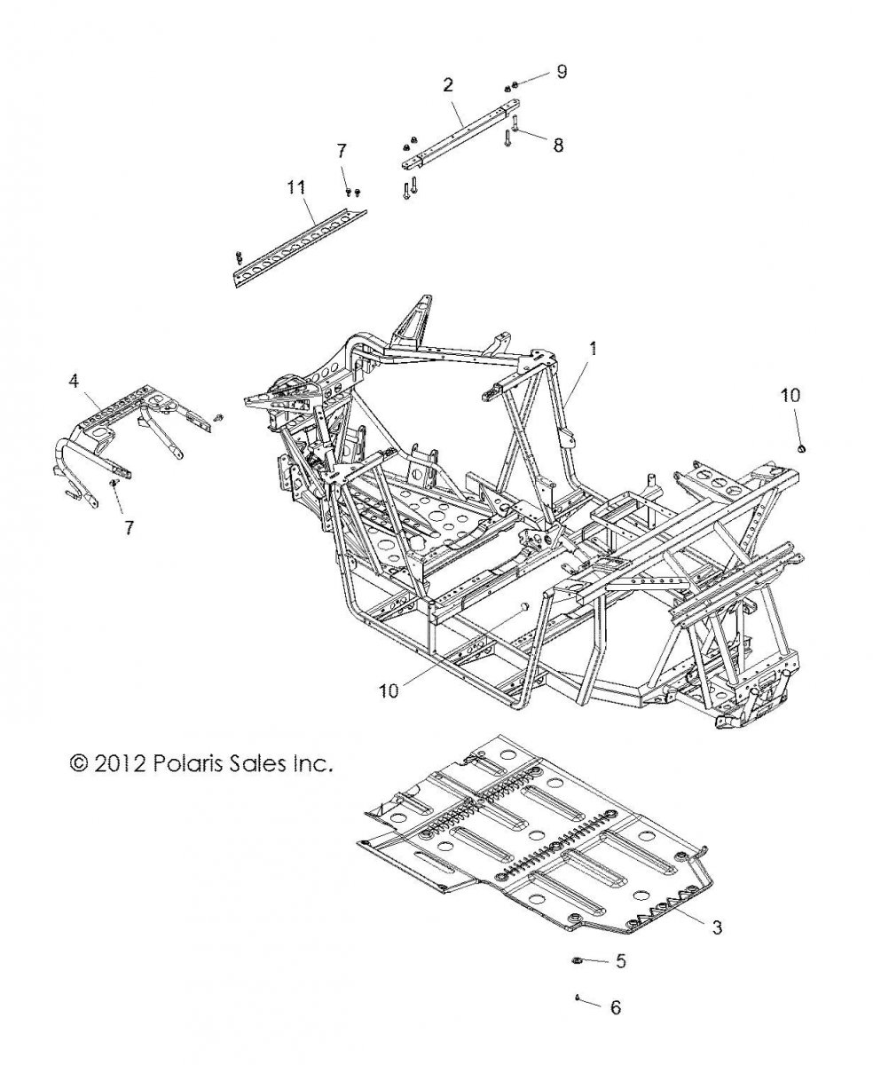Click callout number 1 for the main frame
(593, 349)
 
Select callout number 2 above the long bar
(448, 85)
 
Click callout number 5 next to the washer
(620, 961)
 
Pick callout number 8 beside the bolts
(557, 144)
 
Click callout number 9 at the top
(561, 72)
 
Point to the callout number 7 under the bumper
(130, 527)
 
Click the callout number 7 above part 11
(342, 150)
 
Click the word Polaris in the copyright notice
(188, 763)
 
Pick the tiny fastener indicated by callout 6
(577, 998)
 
